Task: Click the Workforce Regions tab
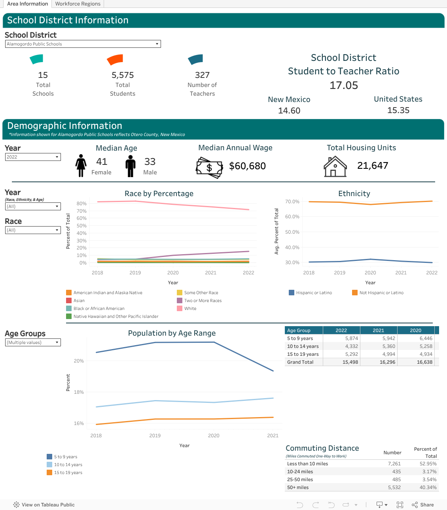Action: [x=78, y=4]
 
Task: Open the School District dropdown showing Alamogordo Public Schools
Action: [x=83, y=44]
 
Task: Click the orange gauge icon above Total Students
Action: [x=115, y=60]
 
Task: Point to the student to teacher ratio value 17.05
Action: [x=343, y=85]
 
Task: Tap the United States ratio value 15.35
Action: [x=398, y=110]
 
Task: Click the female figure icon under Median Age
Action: [x=81, y=166]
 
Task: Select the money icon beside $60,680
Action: [x=209, y=168]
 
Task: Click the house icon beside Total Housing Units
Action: [x=335, y=166]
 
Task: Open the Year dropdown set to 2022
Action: [x=33, y=157]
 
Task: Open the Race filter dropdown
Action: [x=33, y=230]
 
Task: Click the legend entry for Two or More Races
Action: [x=199, y=300]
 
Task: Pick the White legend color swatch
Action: [x=179, y=308]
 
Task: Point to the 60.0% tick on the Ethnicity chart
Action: [x=292, y=217]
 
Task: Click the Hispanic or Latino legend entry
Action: [x=310, y=293]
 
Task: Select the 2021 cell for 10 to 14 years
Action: [x=388, y=346]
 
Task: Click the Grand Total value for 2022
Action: [x=350, y=362]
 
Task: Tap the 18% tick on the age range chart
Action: [x=79, y=392]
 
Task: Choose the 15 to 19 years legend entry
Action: [x=64, y=472]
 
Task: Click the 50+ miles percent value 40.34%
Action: [x=428, y=487]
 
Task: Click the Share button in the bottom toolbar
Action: [x=423, y=505]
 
